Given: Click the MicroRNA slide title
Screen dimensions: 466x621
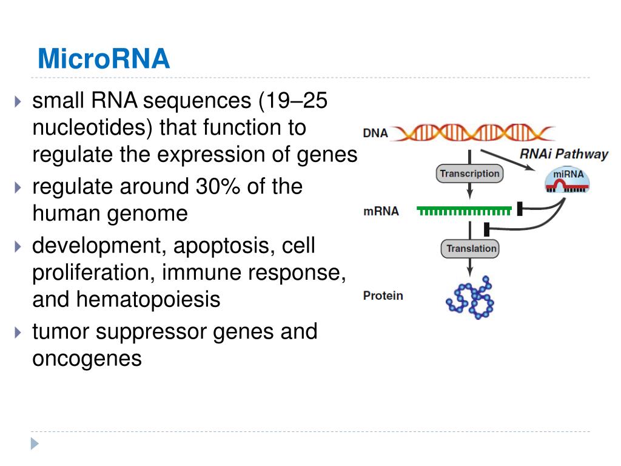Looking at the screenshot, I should click(x=103, y=59).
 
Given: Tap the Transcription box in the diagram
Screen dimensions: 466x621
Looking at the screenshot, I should click(x=469, y=174).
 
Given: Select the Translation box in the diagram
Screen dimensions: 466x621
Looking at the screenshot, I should click(x=471, y=249).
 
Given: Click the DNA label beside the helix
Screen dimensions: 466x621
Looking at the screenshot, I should click(x=375, y=133).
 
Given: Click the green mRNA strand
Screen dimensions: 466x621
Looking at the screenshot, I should click(x=463, y=211).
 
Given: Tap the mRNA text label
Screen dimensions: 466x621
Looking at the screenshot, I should click(x=381, y=212).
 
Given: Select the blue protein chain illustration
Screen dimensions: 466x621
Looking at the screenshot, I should click(x=471, y=297).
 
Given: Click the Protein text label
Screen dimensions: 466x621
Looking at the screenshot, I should click(x=383, y=296).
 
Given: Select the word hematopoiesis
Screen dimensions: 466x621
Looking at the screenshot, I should click(x=148, y=300).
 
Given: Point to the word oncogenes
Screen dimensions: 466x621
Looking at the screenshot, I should click(x=87, y=358).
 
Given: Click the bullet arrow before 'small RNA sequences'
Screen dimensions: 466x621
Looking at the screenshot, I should click(x=18, y=101).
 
